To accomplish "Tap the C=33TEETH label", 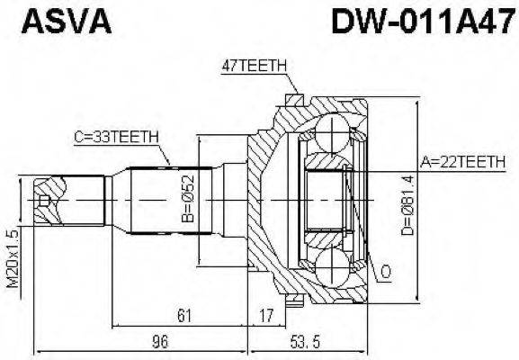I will [116, 136].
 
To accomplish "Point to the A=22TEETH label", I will [463, 162].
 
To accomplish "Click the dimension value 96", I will [160, 343].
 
